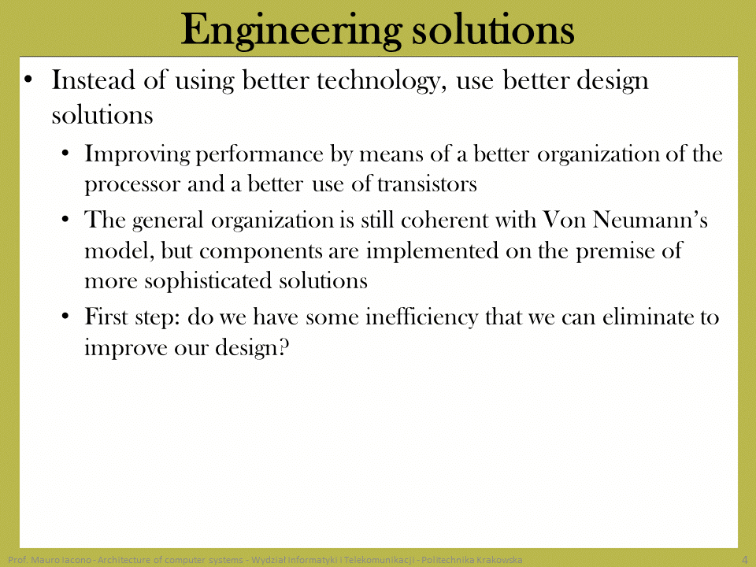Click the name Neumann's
point(650,220)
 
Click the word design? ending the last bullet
point(252,348)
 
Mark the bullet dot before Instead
point(28,80)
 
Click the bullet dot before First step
point(65,317)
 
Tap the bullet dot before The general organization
point(65,220)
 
